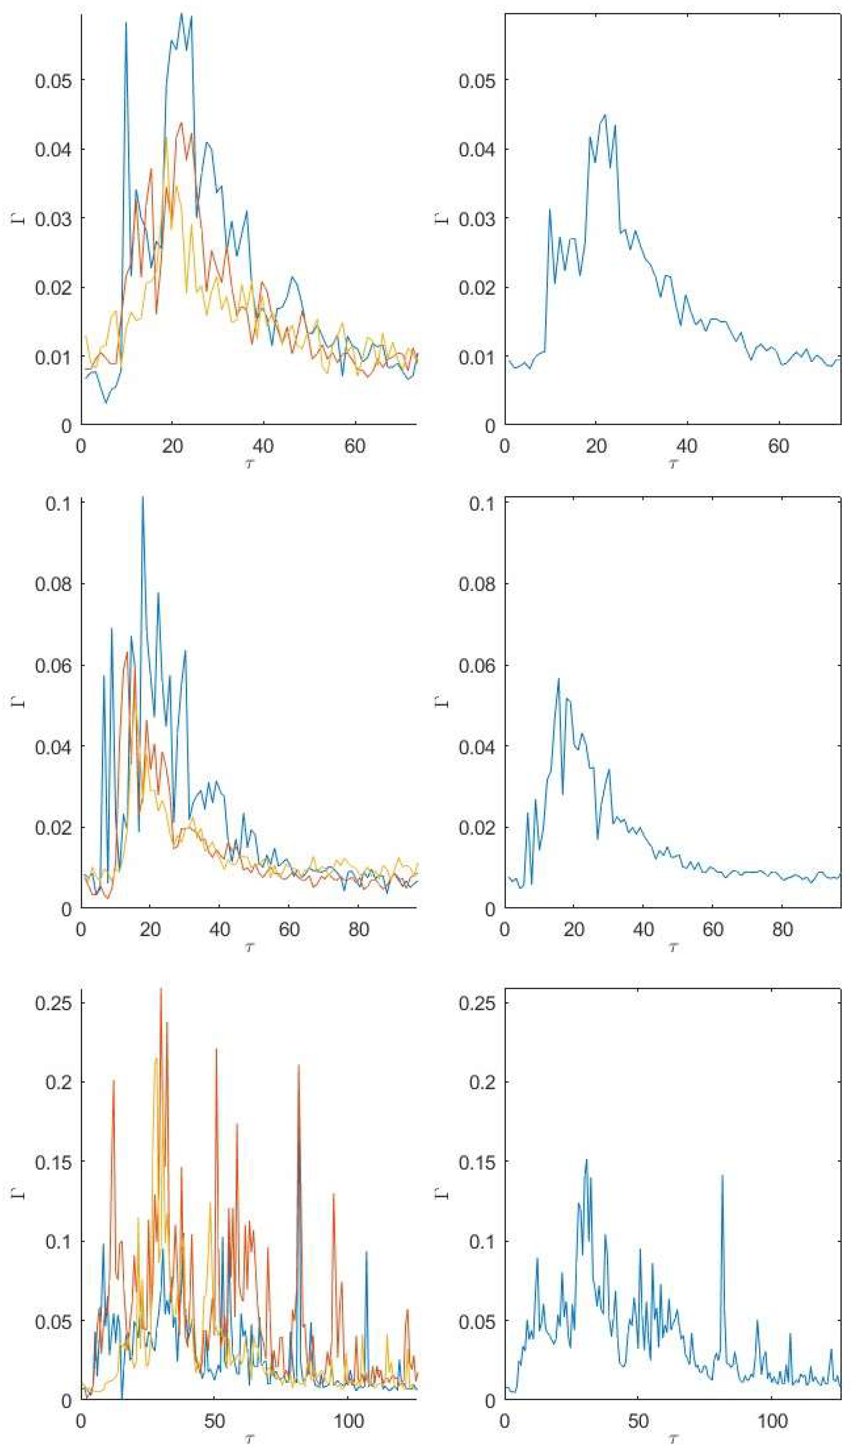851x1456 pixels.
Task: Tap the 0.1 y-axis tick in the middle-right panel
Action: click(484, 503)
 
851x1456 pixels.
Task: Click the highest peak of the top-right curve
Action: click(605, 115)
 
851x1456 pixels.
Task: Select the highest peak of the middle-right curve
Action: click(559, 679)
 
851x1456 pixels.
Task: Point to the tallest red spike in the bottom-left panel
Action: click(161, 989)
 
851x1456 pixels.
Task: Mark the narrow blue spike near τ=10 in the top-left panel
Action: click(126, 23)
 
